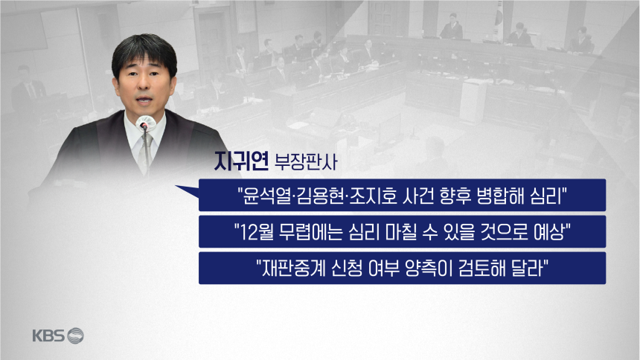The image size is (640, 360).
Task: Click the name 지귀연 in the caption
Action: [x=241, y=161]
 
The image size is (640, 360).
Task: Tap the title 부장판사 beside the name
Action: [x=306, y=161]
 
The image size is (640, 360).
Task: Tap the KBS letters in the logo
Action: [x=48, y=336]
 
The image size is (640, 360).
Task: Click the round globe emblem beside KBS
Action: [x=75, y=335]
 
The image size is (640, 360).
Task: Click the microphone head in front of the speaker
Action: [x=145, y=123]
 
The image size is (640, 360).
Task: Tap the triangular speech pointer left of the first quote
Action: [x=187, y=191]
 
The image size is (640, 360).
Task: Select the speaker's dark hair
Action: [x=144, y=51]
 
